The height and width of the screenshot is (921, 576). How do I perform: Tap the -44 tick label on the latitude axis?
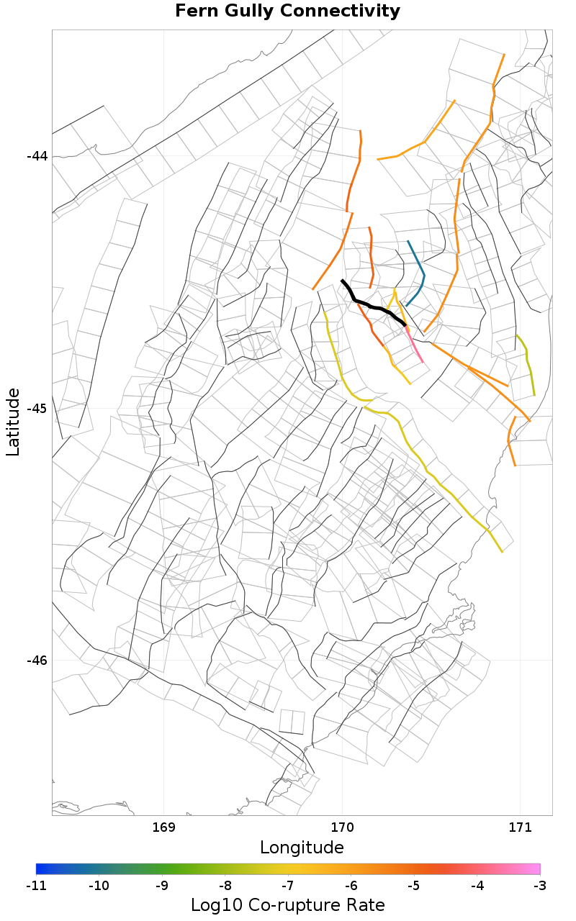[37, 156]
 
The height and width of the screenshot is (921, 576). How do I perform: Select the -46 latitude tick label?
[37, 661]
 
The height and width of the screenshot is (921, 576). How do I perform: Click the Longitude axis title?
[302, 848]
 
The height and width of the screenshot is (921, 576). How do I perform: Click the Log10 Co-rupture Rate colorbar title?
[288, 905]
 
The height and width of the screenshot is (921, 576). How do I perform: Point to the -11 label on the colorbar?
[36, 885]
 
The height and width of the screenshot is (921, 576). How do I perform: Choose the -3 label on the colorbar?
[539, 885]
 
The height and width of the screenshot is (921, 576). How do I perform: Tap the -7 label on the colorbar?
[287, 885]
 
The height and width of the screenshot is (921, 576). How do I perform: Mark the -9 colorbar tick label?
[162, 885]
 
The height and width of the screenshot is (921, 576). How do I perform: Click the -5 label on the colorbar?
[413, 885]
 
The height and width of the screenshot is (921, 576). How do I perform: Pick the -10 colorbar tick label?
[99, 885]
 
